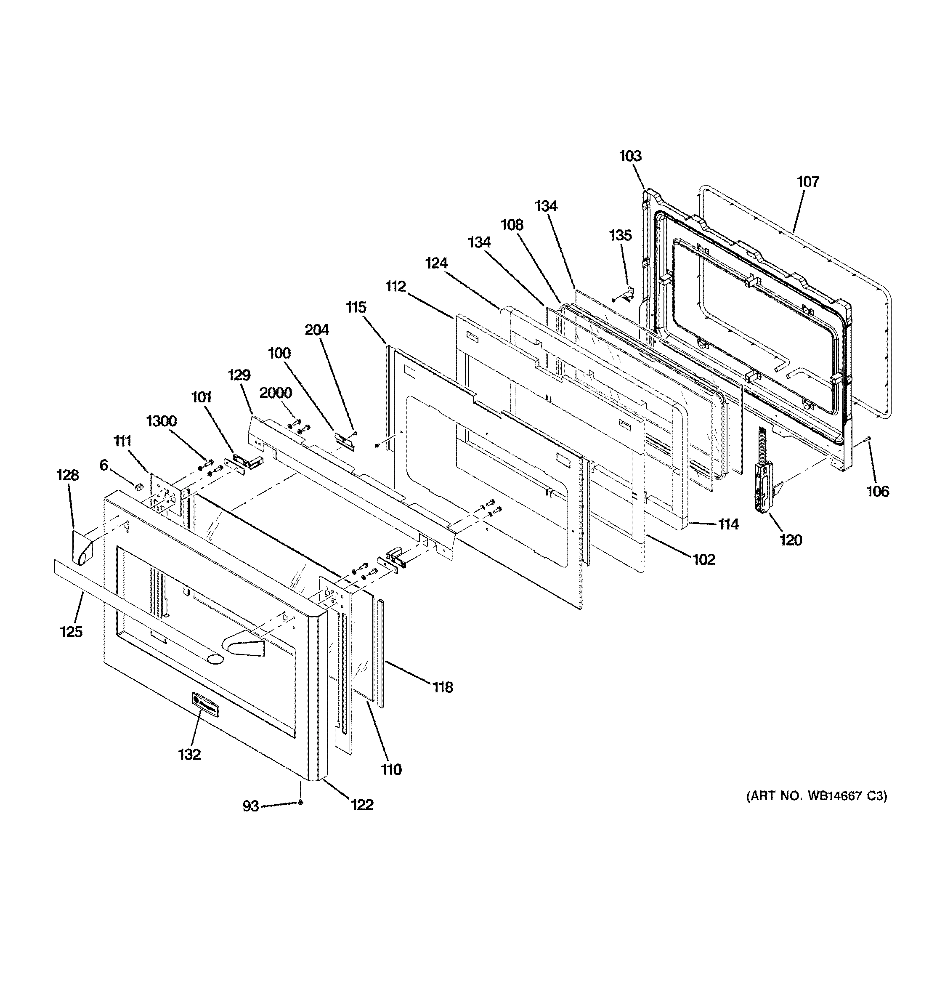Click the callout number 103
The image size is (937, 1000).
click(630, 156)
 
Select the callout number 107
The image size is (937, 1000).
click(808, 181)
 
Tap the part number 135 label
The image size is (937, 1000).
click(620, 235)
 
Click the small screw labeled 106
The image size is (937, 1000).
click(868, 439)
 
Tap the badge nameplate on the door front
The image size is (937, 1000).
click(205, 703)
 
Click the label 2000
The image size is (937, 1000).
click(276, 393)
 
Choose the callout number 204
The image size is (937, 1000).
click(317, 330)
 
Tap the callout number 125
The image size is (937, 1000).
click(72, 632)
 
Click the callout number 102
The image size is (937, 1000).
click(703, 559)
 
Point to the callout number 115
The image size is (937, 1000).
click(356, 307)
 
